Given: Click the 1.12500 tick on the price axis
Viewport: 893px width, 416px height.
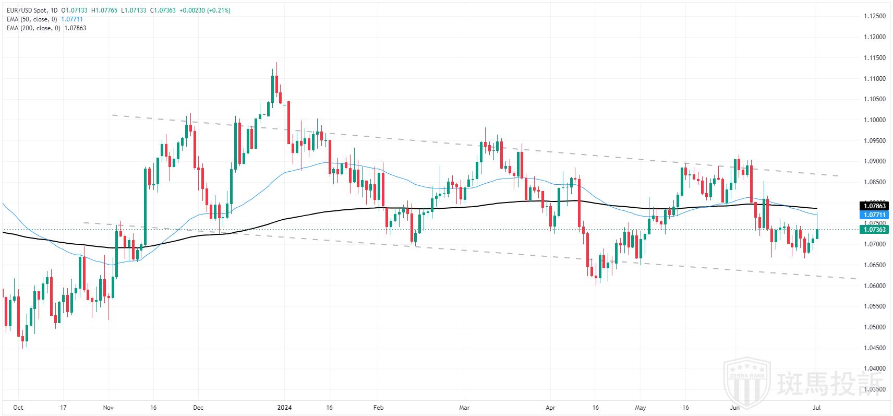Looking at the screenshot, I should [x=874, y=16].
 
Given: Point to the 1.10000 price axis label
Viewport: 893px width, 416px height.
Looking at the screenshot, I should [x=874, y=120].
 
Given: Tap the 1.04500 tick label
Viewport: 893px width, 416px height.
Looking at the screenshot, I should [x=874, y=348].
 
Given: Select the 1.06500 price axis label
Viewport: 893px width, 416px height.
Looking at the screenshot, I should [x=874, y=265].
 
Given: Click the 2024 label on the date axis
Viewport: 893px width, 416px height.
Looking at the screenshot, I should [x=284, y=407].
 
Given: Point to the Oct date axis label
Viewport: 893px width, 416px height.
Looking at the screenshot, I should [x=18, y=407].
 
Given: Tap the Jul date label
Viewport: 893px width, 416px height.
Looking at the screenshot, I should [x=817, y=407].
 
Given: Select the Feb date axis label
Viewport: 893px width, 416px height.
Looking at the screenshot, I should [x=379, y=407].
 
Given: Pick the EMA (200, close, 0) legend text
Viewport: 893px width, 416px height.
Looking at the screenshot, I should [x=34, y=28].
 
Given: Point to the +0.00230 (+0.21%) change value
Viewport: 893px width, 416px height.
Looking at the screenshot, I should [x=204, y=10].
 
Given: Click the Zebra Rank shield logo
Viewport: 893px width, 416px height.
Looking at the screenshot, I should [x=747, y=380].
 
